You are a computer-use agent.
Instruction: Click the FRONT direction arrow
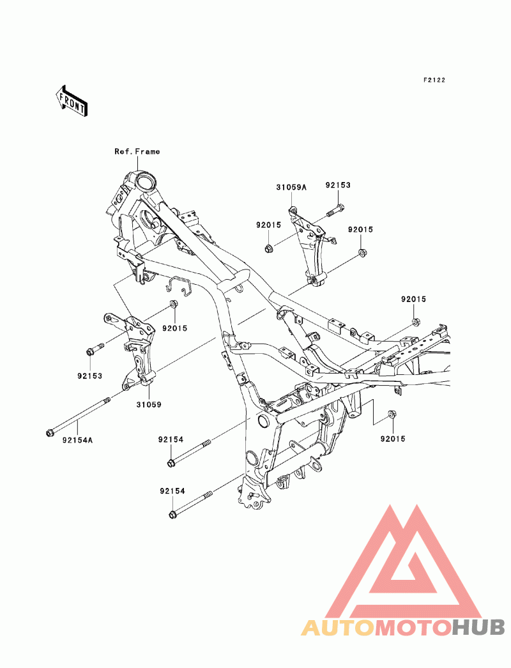(71, 100)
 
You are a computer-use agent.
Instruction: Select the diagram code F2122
(434, 80)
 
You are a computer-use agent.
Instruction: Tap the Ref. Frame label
(137, 151)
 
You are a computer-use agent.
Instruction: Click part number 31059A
(291, 187)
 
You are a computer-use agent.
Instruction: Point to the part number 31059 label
(149, 404)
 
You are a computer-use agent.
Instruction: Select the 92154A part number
(77, 440)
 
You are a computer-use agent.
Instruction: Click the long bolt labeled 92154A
(78, 416)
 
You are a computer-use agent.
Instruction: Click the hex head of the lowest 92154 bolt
(172, 515)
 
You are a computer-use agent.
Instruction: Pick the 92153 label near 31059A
(338, 185)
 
